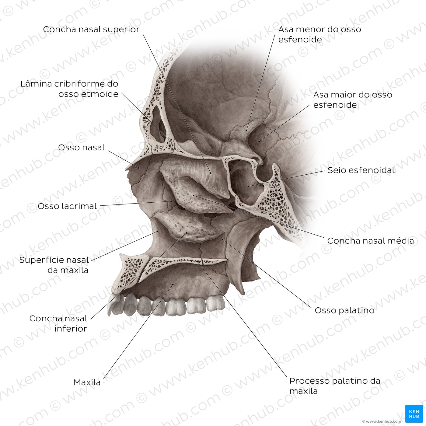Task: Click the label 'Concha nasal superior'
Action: click(91, 30)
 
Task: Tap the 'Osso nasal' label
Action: click(81, 148)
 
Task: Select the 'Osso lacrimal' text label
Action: click(67, 206)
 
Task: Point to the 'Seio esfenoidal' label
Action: click(361, 170)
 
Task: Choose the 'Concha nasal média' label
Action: click(371, 241)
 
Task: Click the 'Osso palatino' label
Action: click(344, 310)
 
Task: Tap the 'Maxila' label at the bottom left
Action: click(87, 382)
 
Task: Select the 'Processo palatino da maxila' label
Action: click(335, 386)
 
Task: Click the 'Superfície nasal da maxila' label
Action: click(54, 265)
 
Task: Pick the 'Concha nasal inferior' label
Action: click(58, 323)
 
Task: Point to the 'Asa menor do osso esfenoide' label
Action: click(320, 34)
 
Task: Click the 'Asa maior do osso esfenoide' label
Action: click(353, 100)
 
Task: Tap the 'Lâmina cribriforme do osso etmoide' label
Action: click(69, 89)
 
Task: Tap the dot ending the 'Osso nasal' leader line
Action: click(139, 168)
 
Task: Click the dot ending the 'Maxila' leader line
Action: click(173, 285)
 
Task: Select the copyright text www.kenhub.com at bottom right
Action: click(382, 421)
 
